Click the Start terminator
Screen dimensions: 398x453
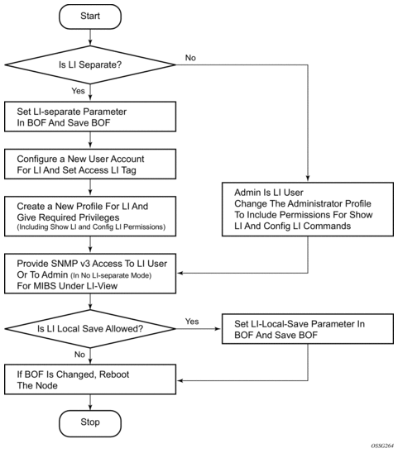(x=90, y=17)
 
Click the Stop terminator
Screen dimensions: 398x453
(x=90, y=423)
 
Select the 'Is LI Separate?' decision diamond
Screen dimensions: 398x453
(x=90, y=64)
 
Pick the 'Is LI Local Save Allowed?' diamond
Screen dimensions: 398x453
(x=90, y=329)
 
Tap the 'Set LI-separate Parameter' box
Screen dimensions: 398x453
(x=90, y=117)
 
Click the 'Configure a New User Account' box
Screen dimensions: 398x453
(x=90, y=164)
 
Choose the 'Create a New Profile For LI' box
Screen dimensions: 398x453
(x=90, y=217)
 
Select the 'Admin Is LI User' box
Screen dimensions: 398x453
(x=308, y=209)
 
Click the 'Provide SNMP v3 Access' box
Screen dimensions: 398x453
(x=90, y=274)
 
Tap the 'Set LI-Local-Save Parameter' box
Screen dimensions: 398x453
(x=308, y=329)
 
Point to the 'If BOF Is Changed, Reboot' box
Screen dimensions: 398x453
(x=90, y=379)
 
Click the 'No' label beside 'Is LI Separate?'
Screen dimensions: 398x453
(x=190, y=58)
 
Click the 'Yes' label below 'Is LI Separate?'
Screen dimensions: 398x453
(x=78, y=91)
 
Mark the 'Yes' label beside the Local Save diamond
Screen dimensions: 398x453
(x=192, y=322)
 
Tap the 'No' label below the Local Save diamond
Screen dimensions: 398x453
(x=79, y=355)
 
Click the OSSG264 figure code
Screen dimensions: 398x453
(x=382, y=446)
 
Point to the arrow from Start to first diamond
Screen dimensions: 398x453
(x=90, y=37)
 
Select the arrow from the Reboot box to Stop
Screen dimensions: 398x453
(x=90, y=402)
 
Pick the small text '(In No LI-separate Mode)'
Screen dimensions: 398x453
(x=111, y=275)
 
